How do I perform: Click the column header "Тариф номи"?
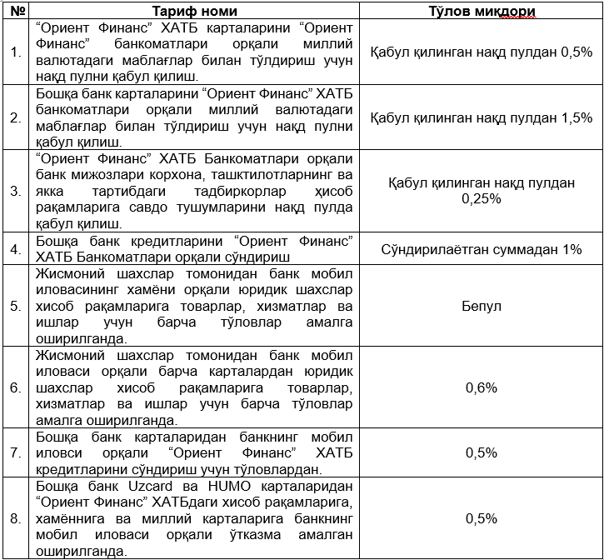pyautogui.click(x=194, y=11)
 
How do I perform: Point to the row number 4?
pyautogui.click(x=16, y=249)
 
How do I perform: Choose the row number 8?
pyautogui.click(x=16, y=518)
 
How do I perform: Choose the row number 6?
pyautogui.click(x=16, y=387)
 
